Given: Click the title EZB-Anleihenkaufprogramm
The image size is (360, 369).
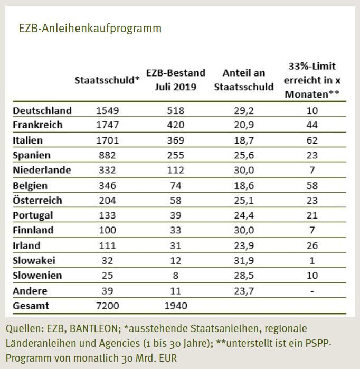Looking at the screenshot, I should click(x=90, y=29).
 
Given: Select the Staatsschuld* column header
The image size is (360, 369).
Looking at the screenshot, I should click(x=107, y=80).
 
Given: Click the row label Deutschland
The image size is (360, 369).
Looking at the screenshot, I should click(x=42, y=110).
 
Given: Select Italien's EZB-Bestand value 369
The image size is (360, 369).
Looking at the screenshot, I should click(x=175, y=140).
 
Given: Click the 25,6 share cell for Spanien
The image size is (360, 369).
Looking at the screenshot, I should click(x=244, y=155).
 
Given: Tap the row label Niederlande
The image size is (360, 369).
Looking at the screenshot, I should click(x=42, y=170).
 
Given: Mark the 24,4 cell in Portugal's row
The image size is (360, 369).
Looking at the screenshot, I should click(x=244, y=215).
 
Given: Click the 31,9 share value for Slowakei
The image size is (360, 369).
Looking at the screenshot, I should click(x=244, y=260).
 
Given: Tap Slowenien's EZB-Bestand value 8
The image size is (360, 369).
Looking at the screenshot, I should click(x=175, y=275).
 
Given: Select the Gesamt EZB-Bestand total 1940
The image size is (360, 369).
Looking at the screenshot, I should click(x=175, y=305).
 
